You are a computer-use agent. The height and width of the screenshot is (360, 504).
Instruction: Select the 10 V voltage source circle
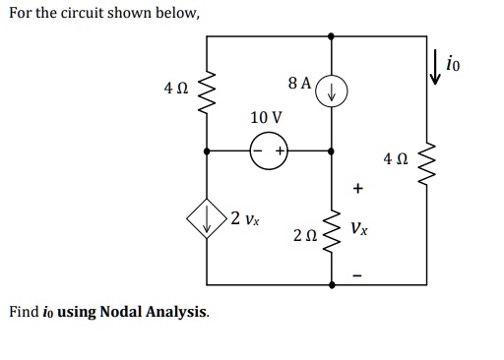pyautogui.click(x=268, y=152)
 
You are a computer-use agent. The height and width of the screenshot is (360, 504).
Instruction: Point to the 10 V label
pyautogui.click(x=266, y=117)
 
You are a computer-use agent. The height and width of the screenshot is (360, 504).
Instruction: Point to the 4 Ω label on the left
pyautogui.click(x=175, y=90)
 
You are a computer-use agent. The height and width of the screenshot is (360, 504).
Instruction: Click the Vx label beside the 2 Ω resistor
pyautogui.click(x=359, y=228)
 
